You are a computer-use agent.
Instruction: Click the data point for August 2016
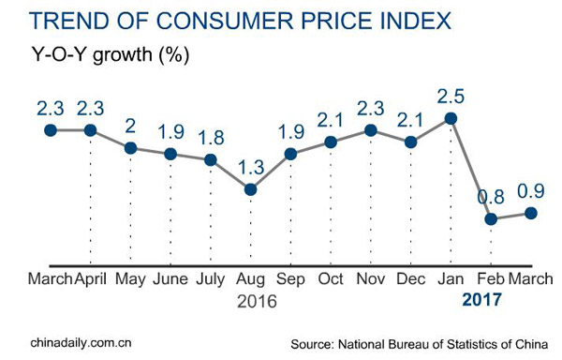[250, 189]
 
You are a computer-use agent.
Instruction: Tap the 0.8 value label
[491, 197]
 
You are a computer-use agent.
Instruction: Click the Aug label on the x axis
[250, 279]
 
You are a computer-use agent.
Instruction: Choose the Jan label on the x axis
[451, 279]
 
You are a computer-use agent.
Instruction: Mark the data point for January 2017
[451, 118]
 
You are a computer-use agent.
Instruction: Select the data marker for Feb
[491, 218]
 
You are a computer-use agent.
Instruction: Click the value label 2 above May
[130, 126]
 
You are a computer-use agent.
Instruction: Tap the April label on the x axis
[90, 279]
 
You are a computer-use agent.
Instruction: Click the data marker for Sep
[290, 154]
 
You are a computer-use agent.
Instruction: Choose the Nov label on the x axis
[370, 279]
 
